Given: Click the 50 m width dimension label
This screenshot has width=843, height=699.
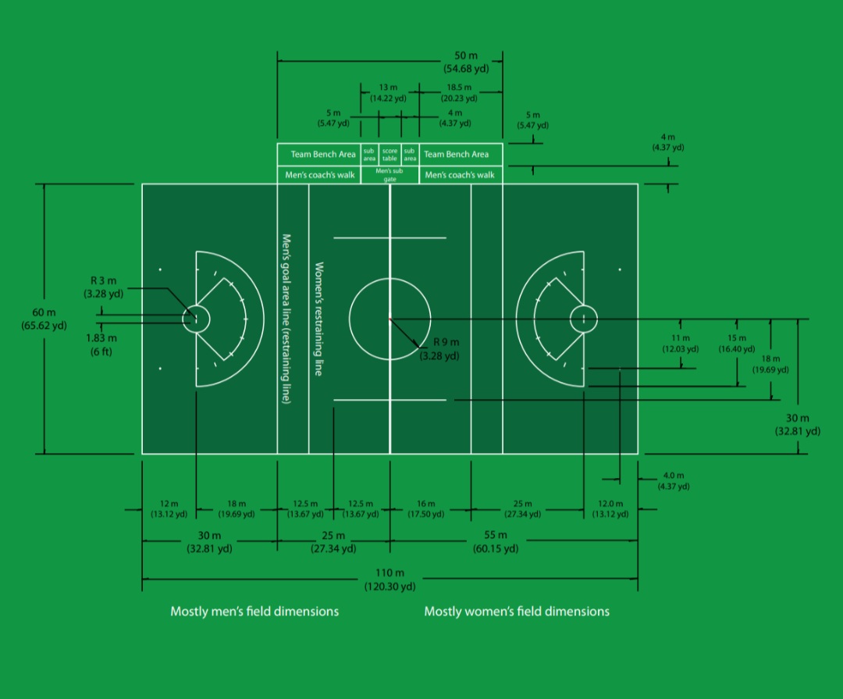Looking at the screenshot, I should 466,62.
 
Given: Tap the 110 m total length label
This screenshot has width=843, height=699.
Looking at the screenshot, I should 389,580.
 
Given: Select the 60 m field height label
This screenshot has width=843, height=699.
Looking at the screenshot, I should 44,319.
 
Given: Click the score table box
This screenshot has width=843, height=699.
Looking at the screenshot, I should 389,154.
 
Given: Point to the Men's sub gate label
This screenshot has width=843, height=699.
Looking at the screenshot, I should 389,174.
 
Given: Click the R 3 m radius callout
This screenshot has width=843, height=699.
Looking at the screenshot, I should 103,287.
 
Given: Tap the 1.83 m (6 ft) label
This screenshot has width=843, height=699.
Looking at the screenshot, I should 102,344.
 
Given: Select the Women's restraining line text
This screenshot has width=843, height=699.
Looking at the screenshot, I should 318,319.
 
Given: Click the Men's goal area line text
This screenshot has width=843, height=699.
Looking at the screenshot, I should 286,319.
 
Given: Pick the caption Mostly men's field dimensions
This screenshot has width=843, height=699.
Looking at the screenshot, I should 254,611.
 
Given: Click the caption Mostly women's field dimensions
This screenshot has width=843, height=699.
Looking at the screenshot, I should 517,611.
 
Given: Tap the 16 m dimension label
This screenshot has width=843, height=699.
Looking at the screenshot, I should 426,509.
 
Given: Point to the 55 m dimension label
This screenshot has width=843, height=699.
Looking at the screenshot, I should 495,541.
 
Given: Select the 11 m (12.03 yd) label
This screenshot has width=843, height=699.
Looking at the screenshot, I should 680,343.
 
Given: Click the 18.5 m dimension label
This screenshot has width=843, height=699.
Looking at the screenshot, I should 458,94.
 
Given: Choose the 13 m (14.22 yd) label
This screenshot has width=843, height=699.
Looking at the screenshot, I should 388,94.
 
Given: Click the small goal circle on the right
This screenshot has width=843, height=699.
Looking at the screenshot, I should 583,318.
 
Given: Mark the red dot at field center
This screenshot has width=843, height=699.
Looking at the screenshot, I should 389,318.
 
